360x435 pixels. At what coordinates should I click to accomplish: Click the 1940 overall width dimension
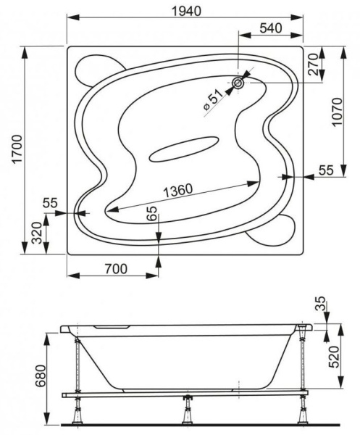[186, 11]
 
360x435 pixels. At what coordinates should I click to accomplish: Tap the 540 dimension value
[271, 28]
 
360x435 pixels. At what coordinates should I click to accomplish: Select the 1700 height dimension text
[17, 149]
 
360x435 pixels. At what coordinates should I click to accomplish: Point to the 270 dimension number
[314, 65]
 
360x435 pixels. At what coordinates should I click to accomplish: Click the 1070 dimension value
[337, 112]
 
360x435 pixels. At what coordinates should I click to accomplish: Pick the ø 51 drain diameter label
[213, 100]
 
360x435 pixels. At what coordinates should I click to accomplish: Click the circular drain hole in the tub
[238, 83]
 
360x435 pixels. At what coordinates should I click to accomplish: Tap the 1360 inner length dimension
[177, 190]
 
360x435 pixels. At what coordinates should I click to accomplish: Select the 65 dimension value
[152, 213]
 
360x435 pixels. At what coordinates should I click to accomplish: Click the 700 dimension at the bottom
[116, 269]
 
